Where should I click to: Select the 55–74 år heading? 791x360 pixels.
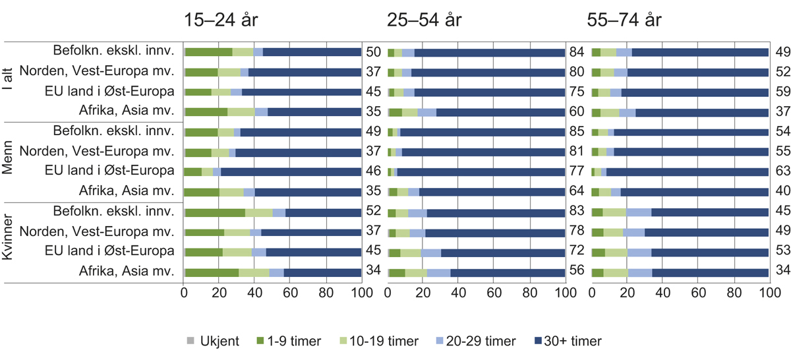pos(625,20)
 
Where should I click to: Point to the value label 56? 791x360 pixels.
pos(577,273)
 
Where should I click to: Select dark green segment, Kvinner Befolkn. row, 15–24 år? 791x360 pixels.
pos(216,213)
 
